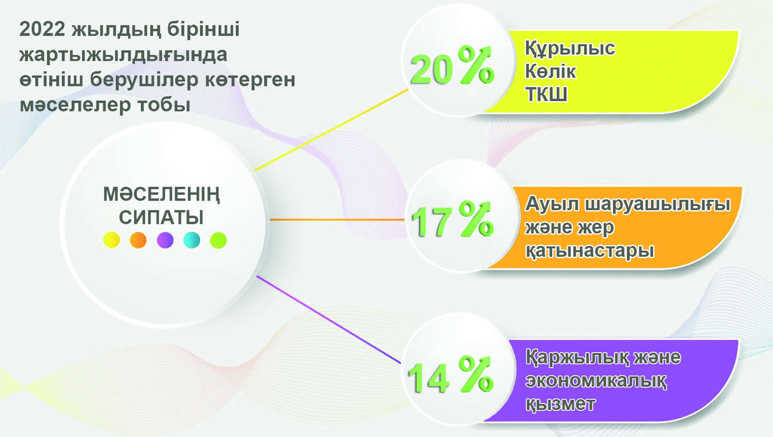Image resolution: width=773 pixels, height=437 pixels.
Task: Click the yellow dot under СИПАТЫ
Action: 111,240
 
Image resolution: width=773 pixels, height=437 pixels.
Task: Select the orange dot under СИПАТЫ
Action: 138,240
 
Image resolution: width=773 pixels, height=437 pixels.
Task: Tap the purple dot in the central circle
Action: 165,240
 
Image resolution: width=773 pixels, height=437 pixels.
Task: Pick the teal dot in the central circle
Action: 192,240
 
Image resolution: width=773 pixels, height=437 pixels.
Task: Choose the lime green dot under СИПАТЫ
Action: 218,240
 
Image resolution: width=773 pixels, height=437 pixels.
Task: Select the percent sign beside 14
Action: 476,374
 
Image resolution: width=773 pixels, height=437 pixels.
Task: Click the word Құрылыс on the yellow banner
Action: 570,48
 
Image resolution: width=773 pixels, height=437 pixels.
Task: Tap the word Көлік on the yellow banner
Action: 550,71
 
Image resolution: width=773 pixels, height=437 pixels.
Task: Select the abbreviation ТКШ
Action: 546,95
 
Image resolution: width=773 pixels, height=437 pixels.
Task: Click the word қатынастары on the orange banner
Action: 589,251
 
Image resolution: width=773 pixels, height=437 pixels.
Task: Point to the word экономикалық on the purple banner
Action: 596,381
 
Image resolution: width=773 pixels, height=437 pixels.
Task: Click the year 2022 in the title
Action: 42,29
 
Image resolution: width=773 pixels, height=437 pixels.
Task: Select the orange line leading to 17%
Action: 335,220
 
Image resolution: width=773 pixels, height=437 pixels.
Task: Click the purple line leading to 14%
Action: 327,319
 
